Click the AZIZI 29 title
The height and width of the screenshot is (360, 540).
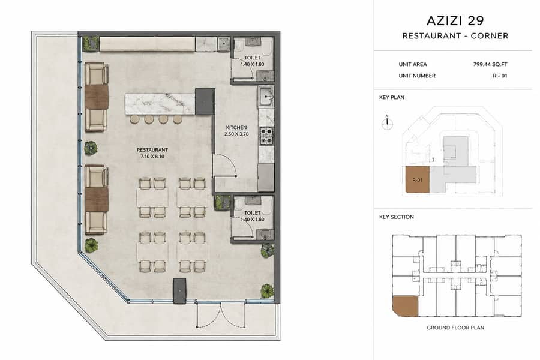pos(455,20)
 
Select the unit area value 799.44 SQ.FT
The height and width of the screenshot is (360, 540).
pos(490,64)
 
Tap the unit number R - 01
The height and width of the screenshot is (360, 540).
pos(500,76)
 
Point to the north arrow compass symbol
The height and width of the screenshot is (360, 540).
pos(388,122)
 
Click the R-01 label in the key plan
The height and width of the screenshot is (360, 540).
pos(417,180)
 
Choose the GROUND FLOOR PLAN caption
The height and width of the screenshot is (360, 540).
pos(455,328)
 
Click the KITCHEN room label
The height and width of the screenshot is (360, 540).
pos(236,127)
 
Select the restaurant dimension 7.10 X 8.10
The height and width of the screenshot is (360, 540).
pos(152,157)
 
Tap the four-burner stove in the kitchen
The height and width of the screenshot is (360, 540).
pos(266,136)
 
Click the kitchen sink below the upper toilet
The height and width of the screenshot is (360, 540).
pos(266,97)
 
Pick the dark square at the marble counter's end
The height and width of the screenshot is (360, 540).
pos(205,101)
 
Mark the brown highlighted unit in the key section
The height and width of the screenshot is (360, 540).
pos(405,306)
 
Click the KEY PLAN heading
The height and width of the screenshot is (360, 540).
pos(392,97)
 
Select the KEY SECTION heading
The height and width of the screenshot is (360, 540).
pos(397,217)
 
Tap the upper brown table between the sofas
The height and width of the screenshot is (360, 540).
pos(97,97)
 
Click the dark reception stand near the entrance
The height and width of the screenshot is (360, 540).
pos(180,291)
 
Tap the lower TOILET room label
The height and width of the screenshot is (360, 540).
pos(252,213)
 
